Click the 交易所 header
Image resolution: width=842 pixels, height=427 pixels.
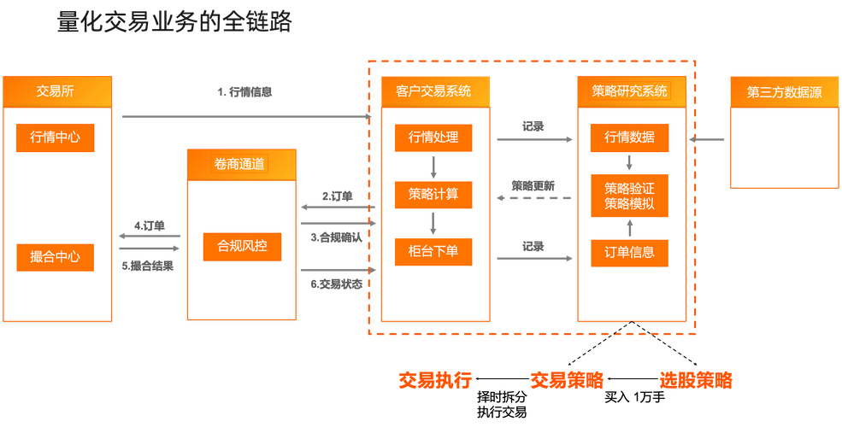[x=56, y=91]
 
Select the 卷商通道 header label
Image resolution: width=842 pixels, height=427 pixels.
[x=240, y=163]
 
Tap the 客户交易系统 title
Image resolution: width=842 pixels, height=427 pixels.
[x=434, y=91]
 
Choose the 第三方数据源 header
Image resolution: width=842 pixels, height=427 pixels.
[x=784, y=91]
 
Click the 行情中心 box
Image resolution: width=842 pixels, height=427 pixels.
[x=55, y=137]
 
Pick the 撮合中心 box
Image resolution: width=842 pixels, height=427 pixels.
[x=55, y=257]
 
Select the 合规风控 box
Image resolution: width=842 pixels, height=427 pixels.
[x=242, y=247]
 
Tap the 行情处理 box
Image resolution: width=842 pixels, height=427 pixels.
[x=433, y=137]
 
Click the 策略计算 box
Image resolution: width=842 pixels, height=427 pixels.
[x=433, y=194]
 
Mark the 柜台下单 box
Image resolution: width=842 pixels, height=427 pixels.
[x=433, y=252]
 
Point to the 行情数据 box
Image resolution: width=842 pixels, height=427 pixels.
[x=629, y=137]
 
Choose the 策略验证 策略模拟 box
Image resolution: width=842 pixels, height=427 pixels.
[x=629, y=195]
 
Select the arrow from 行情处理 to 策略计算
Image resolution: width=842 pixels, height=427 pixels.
[x=433, y=166]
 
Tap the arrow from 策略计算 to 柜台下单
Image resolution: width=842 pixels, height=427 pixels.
[x=433, y=223]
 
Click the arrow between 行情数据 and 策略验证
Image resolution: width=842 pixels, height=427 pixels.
[x=629, y=162]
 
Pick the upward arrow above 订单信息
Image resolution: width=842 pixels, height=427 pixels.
[x=629, y=227]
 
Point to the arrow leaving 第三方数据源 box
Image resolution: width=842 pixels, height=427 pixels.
[x=708, y=138]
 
